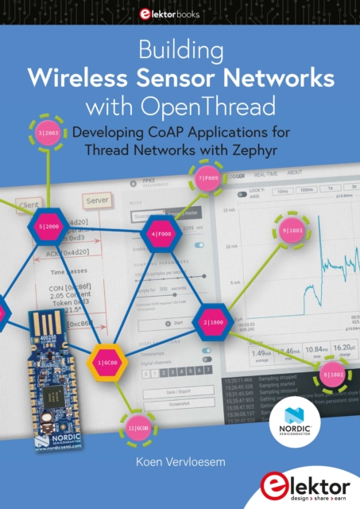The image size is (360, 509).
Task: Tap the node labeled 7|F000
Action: (x=208, y=178)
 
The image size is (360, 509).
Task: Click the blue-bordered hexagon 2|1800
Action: (x=215, y=323)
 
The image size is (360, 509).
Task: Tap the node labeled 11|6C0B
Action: (x=136, y=428)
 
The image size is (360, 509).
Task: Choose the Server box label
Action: (x=97, y=200)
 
